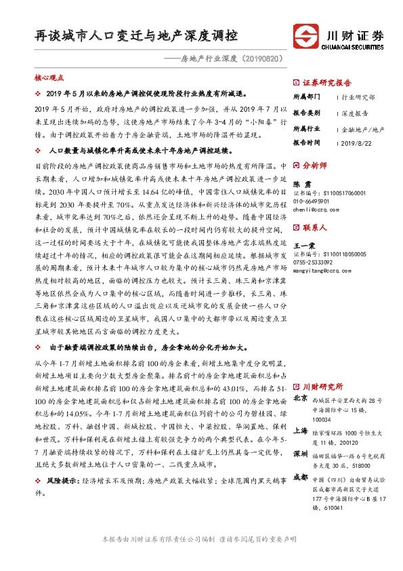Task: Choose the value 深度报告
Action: [354, 113]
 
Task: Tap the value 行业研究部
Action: [357, 98]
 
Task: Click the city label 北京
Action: [301, 399]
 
